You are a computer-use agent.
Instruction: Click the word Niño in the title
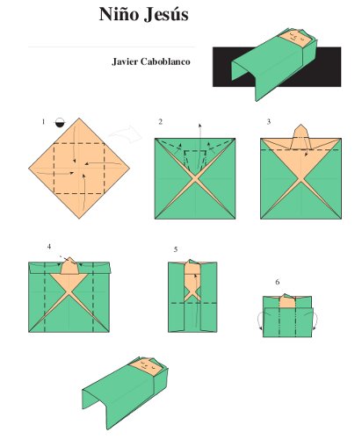point(119,14)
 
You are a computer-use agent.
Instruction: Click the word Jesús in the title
point(166,15)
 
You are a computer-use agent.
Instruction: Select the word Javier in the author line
point(125,61)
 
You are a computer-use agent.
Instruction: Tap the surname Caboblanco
point(165,61)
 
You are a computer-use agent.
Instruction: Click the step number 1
point(43,122)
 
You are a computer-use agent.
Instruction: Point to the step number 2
point(160,122)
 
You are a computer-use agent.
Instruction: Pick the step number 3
point(269,122)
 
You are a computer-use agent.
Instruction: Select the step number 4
point(49,247)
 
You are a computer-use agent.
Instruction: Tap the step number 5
point(176,249)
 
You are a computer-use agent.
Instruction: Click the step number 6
point(278,282)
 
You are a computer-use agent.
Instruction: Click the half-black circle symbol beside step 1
point(60,122)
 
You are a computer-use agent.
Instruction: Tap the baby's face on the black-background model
point(295,39)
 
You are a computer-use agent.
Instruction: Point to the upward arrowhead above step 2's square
point(199,126)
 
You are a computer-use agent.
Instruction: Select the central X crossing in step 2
point(195,178)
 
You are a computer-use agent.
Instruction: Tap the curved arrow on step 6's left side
point(259,321)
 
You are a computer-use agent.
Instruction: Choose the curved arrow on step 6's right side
point(315,321)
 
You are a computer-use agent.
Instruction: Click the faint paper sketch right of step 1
point(126,134)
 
